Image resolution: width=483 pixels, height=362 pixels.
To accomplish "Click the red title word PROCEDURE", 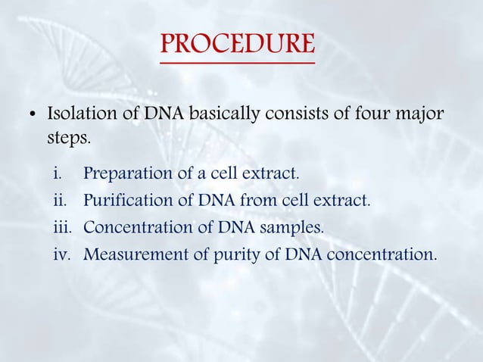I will (238, 45).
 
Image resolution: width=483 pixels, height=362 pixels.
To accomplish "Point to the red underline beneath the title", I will (238, 62).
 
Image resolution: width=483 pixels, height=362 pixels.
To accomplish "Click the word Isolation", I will (78, 115).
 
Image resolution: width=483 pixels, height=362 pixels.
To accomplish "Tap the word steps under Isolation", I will (68, 140).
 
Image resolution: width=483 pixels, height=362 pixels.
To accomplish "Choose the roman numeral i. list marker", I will (58, 173).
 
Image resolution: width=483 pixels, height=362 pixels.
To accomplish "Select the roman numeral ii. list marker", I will (60, 201).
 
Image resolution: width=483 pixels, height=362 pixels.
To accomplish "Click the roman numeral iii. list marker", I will (62, 227).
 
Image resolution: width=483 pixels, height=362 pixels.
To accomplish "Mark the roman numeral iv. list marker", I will (62, 254).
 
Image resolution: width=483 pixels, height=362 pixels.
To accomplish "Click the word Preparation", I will (129, 173).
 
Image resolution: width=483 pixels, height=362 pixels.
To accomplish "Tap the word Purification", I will (129, 201).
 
